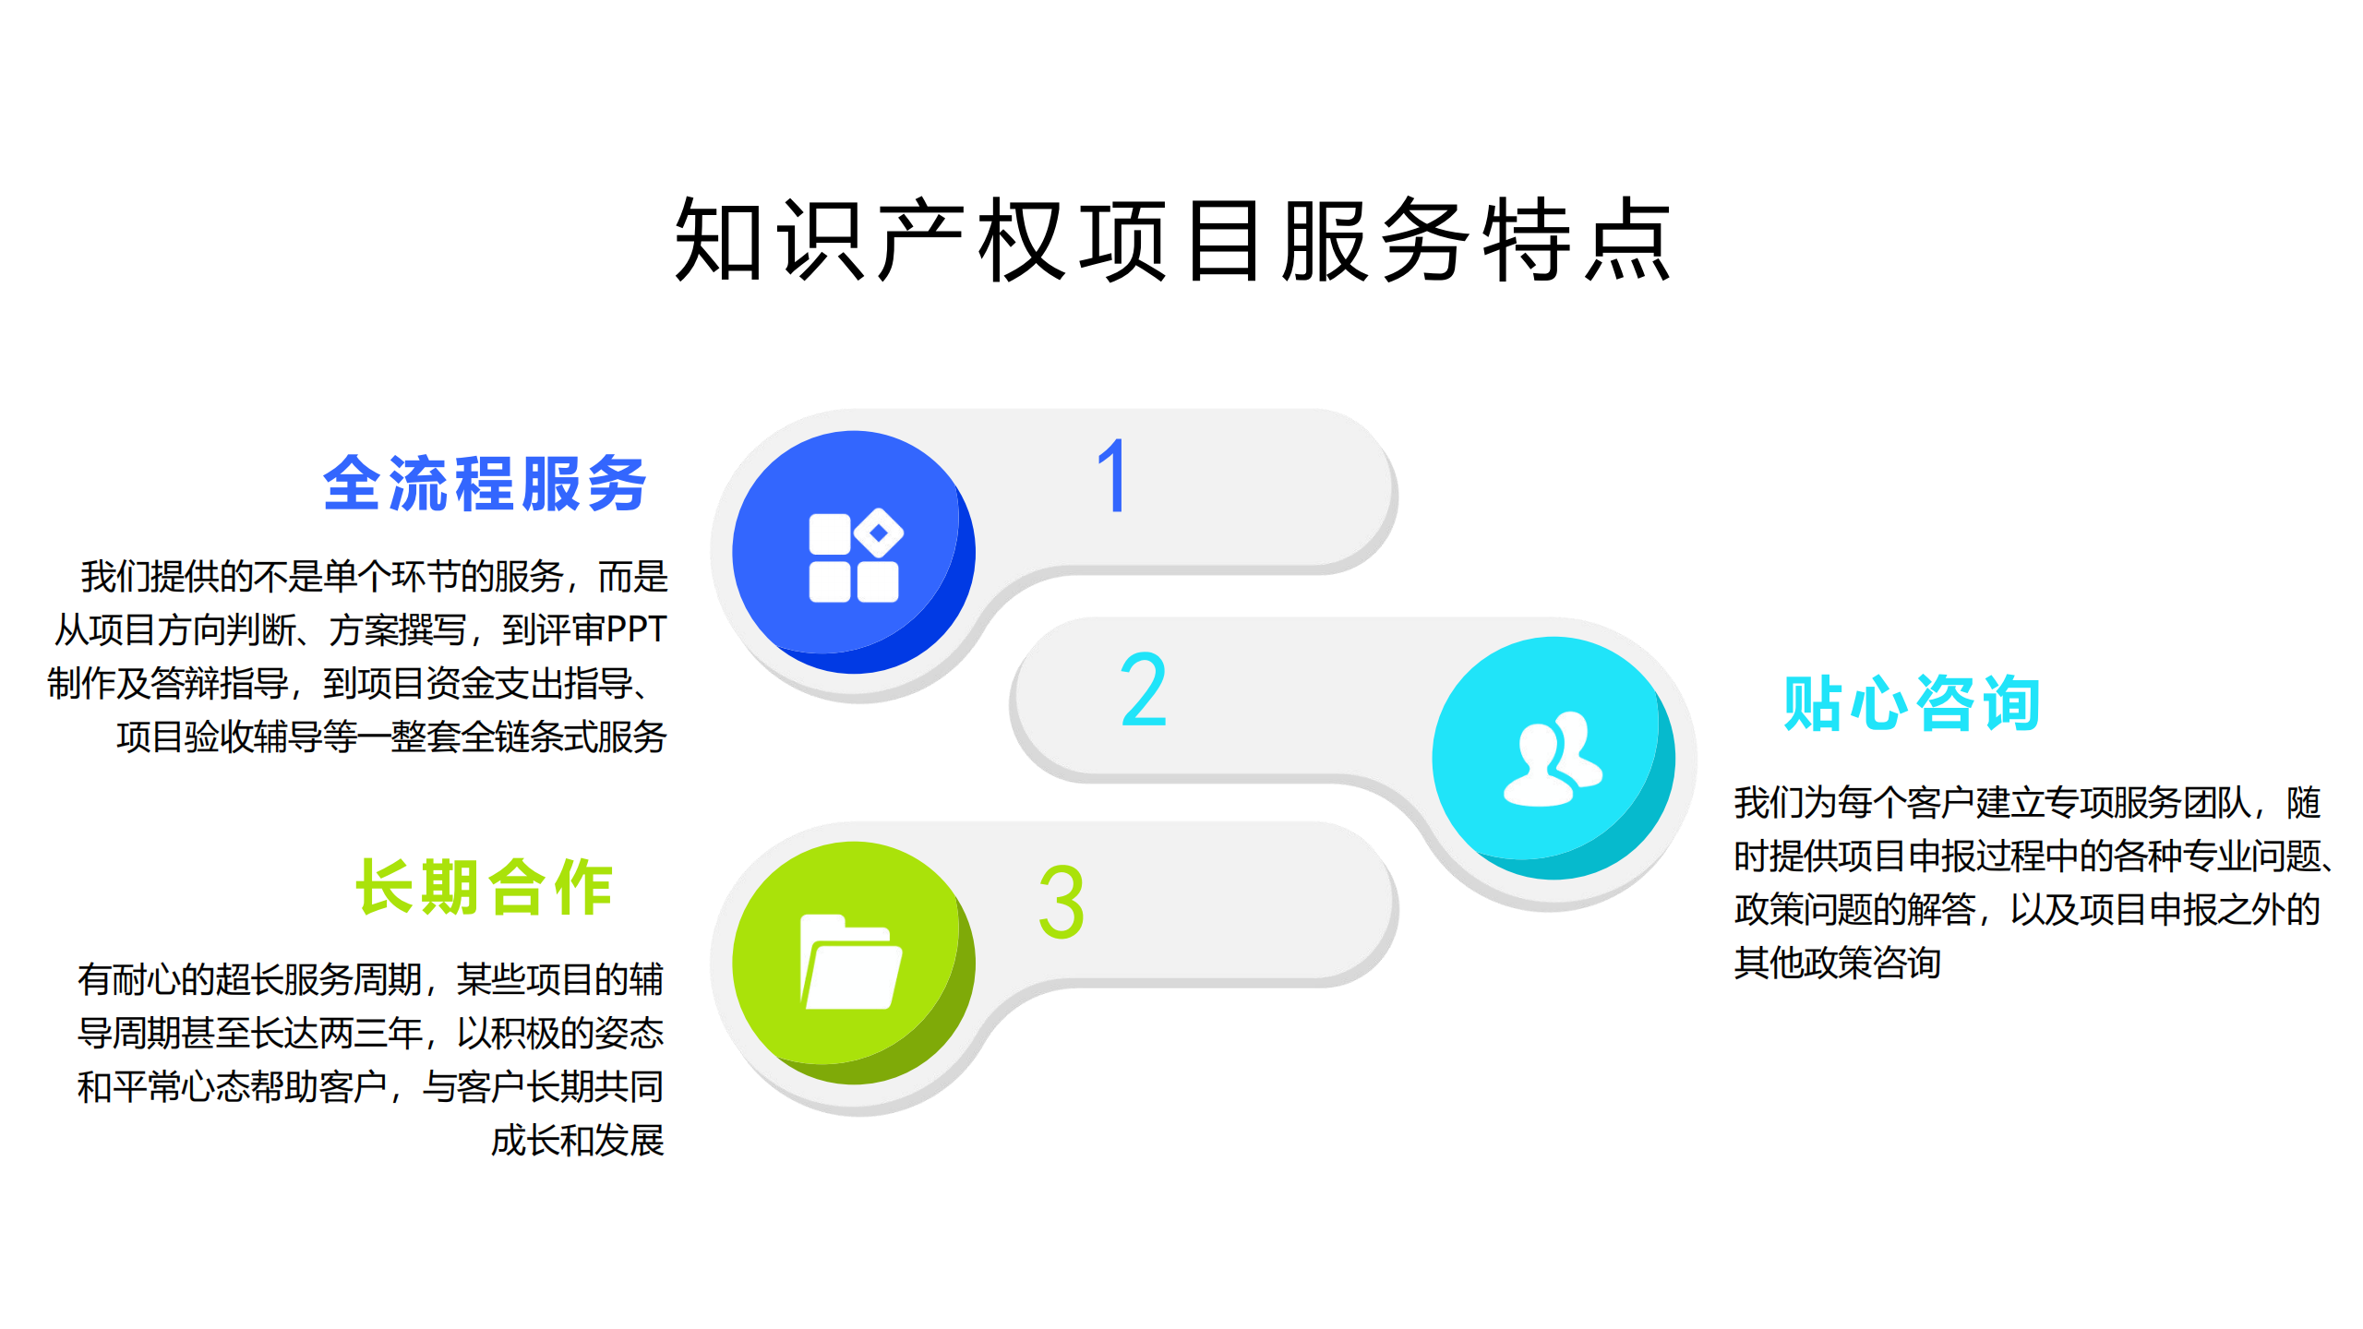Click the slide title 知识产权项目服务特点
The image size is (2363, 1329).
pos(1173,239)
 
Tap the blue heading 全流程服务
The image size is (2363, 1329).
pos(486,484)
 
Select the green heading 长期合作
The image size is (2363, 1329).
pos(486,887)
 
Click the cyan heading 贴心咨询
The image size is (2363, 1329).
pos(1912,703)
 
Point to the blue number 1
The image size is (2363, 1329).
pos(1114,475)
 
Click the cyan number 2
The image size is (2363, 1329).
pos(1144,688)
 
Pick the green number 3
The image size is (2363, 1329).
pos(1062,902)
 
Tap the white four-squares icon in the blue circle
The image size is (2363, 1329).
pos(856,556)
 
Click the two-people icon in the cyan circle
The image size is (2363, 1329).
pos(1553,760)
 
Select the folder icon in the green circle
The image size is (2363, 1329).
pos(851,963)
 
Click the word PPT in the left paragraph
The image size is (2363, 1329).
pos(636,629)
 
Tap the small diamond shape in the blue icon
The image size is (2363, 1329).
pos(879,533)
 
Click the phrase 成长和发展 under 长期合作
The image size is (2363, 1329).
pos(578,1141)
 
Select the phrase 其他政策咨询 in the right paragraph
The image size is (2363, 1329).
pos(1838,963)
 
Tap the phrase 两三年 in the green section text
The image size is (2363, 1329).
pos(370,1034)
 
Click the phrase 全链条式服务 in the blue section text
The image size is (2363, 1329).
pos(563,736)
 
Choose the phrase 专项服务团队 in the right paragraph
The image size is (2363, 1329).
pos(2148,802)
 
